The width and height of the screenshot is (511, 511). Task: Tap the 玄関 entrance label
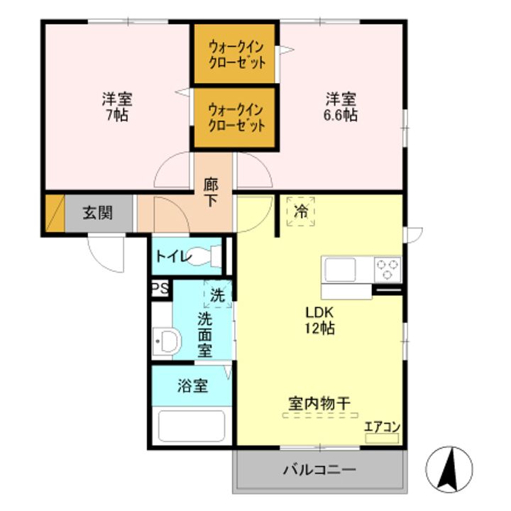tap(97, 213)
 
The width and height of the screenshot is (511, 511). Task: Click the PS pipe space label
tap(160, 289)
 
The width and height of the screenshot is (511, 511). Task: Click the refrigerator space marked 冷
tap(301, 211)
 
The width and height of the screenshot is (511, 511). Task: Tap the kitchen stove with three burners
tap(388, 269)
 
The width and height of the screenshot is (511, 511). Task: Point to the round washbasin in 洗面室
tap(168, 341)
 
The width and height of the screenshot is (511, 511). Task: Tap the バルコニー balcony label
tap(319, 470)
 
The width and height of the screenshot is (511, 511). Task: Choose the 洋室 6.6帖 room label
tap(341, 106)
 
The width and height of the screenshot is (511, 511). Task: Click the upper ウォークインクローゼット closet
tap(236, 55)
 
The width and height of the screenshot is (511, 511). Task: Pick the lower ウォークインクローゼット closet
tap(236, 118)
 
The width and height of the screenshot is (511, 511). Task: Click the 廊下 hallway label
tap(211, 192)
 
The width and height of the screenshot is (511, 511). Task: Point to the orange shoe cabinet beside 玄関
tap(54, 213)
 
